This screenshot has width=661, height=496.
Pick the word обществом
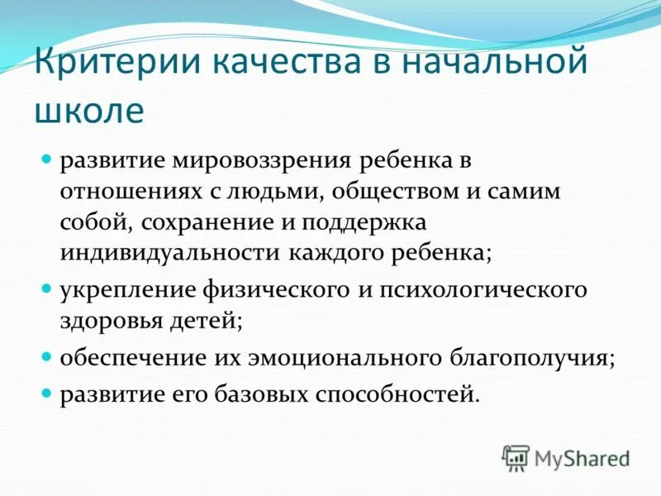click(x=400, y=192)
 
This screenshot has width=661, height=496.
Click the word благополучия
click(x=517, y=359)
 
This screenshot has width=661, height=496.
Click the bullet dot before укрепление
click(x=47, y=289)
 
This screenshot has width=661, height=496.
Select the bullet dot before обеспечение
click(x=47, y=357)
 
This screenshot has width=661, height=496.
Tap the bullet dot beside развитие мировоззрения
click(x=47, y=158)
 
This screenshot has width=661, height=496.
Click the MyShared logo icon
click(x=516, y=457)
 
